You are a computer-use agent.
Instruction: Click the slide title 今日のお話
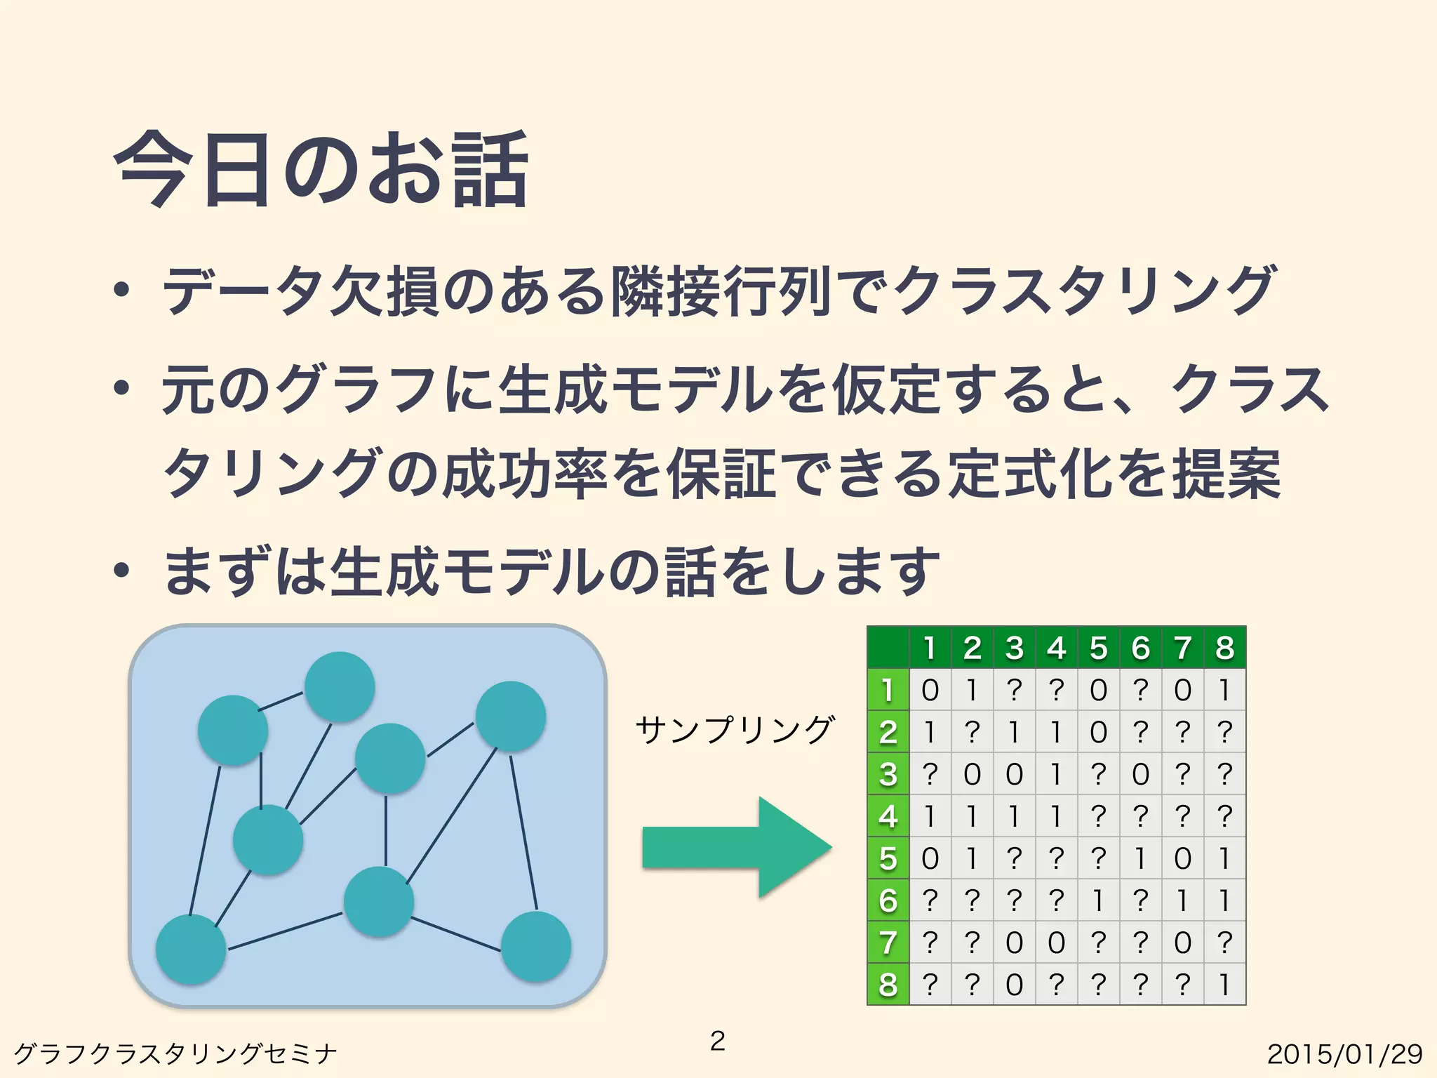tap(320, 171)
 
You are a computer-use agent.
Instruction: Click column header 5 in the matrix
tap(1099, 648)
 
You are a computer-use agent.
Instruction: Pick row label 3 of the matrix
tap(888, 774)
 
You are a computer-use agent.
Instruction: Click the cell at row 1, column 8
tap(1224, 690)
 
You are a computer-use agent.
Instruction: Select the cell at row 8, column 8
tap(1224, 984)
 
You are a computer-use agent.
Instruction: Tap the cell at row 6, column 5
tap(1099, 900)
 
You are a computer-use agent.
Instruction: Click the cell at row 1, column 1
tap(930, 690)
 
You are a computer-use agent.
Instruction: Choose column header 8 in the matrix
tap(1224, 648)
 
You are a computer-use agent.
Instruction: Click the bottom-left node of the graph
tap(191, 949)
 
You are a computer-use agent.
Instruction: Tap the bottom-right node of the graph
tap(536, 946)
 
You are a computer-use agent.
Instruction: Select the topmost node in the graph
tap(340, 686)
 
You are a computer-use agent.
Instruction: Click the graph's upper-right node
tap(511, 716)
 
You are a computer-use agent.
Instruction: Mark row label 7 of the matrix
tap(888, 942)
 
